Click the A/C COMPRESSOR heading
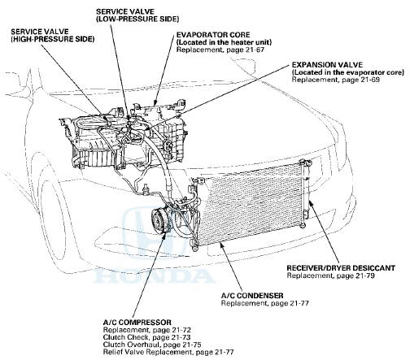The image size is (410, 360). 137,323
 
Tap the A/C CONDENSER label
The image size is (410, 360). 252,295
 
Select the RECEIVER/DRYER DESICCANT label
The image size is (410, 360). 341,268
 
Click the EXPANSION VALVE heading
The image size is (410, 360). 327,65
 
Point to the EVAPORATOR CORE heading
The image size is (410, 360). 213,35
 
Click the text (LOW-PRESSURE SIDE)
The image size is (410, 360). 137,19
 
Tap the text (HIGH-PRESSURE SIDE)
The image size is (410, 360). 53,39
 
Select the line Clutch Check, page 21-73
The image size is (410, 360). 146,337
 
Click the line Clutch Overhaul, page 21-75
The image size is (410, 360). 152,345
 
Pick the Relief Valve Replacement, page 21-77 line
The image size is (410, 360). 168,352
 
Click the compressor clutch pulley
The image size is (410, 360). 159,220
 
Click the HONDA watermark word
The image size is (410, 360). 154,276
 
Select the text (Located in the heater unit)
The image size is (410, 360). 224,42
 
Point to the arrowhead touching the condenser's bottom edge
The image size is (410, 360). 222,245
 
